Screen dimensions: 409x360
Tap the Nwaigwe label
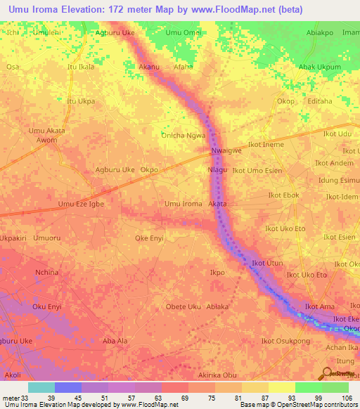coord(226,150)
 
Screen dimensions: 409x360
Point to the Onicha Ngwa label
coord(184,135)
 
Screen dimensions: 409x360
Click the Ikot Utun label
coord(267,263)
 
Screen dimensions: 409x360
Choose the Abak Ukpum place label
coord(320,67)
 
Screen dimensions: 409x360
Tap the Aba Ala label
coord(115,341)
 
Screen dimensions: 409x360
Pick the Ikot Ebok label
coord(284,195)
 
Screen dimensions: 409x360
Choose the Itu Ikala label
coord(80,67)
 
